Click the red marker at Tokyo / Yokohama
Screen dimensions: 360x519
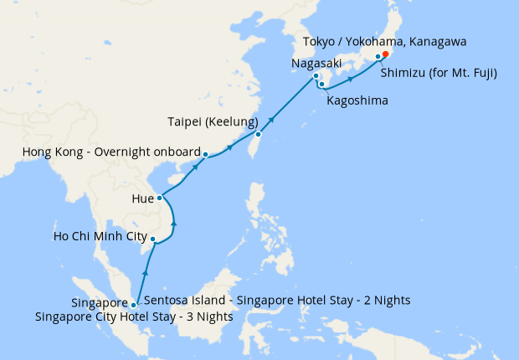385,55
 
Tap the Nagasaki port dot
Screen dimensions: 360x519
316,77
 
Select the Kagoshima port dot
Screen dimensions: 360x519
321,84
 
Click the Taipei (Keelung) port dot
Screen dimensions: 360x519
259,134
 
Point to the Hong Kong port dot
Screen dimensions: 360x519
206,154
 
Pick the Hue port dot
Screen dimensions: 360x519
160,198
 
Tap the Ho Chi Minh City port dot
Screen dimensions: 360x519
152,240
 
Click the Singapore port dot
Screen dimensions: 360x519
134,305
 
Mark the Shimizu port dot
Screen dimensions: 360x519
378,57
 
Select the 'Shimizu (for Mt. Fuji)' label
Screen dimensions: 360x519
439,73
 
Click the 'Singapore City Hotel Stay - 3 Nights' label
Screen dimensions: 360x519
134,317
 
